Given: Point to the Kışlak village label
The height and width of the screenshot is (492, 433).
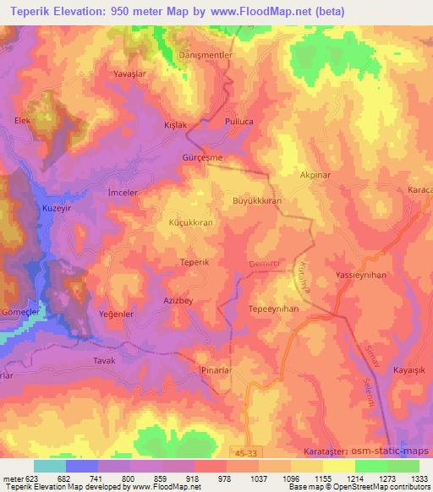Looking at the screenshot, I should tap(174, 125).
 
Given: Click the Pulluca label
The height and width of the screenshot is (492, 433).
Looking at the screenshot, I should tap(238, 122).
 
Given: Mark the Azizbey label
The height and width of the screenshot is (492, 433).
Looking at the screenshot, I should tap(178, 301).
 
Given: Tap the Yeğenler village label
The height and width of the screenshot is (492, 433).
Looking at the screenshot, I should tap(117, 314).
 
